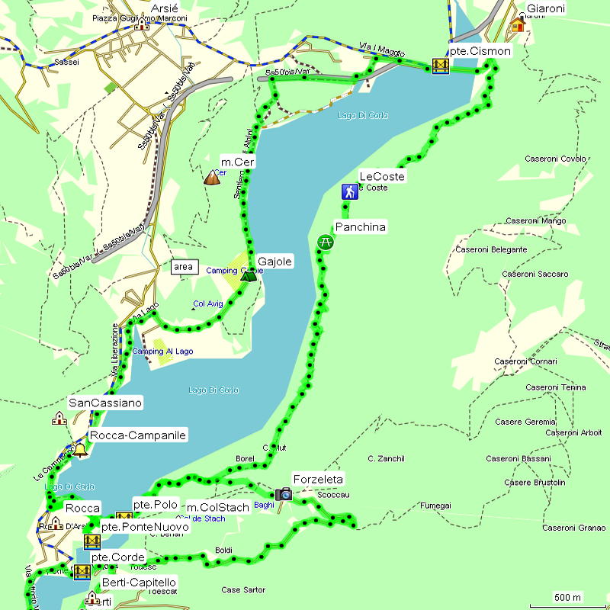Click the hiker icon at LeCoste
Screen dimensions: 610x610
[349, 191]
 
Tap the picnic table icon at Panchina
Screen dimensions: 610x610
[325, 242]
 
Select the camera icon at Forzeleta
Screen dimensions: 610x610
[284, 494]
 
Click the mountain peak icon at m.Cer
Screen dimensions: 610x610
[211, 178]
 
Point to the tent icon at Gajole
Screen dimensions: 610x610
[247, 274]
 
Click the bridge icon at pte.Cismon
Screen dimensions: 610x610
[439, 66]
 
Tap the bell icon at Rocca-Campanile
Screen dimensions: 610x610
[80, 450]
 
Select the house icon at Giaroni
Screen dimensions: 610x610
[518, 24]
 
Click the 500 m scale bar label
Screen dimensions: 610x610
[567, 596]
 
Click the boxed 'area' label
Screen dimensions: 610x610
[183, 267]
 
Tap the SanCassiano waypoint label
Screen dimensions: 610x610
[105, 403]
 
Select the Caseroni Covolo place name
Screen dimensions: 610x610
[556, 159]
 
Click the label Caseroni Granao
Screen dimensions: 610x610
[574, 528]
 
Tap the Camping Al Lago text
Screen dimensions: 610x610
[163, 352]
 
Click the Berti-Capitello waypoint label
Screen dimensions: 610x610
[140, 583]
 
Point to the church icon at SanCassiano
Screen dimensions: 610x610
[59, 418]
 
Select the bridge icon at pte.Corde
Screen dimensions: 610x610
[82, 571]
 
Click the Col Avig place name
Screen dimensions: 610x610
[208, 304]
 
